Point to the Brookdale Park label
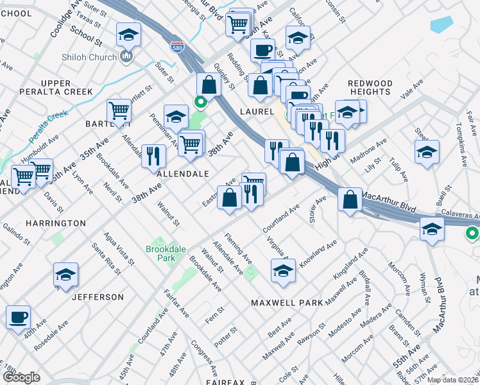click(x=151, y=253)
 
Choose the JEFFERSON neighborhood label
click(x=98, y=297)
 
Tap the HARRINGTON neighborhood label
click(x=56, y=223)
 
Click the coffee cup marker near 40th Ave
click(x=18, y=317)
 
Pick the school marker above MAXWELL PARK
click(x=282, y=271)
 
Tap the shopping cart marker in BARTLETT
click(x=119, y=110)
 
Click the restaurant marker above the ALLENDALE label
click(x=153, y=156)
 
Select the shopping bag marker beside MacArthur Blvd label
click(x=349, y=199)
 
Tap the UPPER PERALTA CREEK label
click(x=66, y=88)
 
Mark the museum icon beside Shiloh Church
click(x=125, y=57)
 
